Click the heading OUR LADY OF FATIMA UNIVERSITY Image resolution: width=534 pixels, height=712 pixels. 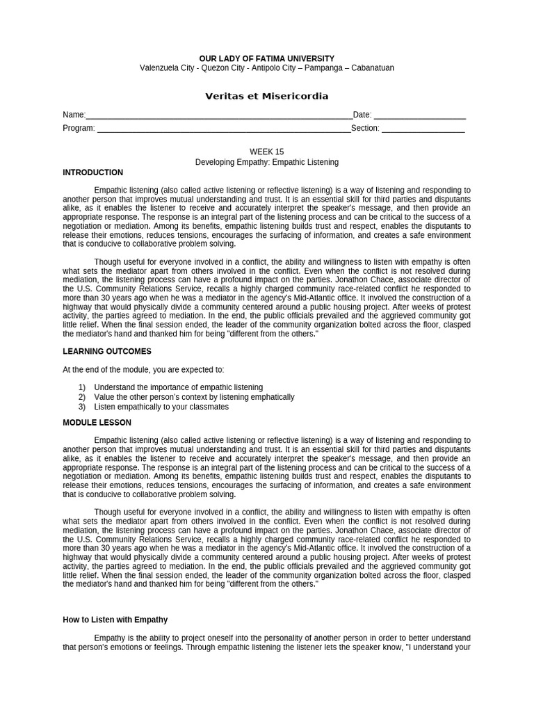(266, 58)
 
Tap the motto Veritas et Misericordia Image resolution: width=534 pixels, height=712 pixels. (266, 96)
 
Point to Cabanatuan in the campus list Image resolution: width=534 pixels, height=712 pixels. (371, 68)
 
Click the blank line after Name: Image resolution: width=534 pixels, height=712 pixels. (219, 116)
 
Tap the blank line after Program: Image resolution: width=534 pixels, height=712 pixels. (223, 129)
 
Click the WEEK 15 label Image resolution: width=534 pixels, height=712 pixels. (266, 152)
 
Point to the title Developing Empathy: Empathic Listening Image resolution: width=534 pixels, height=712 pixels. (266, 162)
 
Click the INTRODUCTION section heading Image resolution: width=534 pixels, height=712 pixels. (92, 172)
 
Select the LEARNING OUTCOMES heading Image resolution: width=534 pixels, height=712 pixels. (106, 352)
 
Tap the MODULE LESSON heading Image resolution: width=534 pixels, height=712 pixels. (97, 423)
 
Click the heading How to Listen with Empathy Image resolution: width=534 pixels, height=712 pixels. (115, 620)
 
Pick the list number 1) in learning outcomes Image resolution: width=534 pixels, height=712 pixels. (81, 387)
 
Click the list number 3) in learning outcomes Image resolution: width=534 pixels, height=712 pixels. (81, 407)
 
